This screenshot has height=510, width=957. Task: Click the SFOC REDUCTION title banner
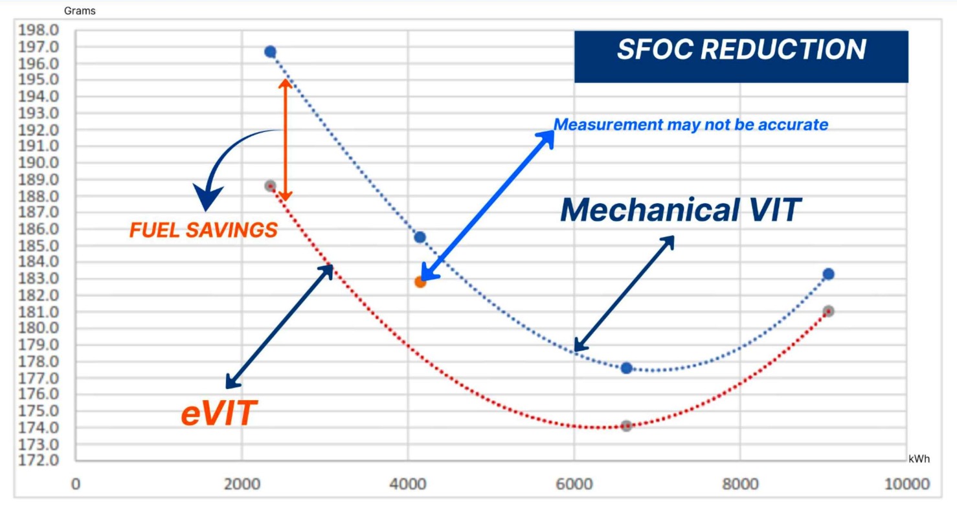(741, 50)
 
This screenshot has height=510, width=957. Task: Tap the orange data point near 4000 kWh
(420, 282)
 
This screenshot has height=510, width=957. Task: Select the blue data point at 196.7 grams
(270, 52)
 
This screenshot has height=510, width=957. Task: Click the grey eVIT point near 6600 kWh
(626, 426)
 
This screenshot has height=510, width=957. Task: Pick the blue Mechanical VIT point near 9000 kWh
(828, 274)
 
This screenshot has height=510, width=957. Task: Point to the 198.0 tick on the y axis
(39, 30)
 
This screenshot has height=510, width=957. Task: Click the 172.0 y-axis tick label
(39, 461)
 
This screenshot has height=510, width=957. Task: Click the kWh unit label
(919, 459)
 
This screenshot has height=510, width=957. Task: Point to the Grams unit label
(80, 11)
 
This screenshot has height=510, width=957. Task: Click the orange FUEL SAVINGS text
(203, 230)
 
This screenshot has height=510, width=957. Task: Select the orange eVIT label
(219, 413)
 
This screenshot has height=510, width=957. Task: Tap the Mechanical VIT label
(681, 210)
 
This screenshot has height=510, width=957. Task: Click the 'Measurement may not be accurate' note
(691, 124)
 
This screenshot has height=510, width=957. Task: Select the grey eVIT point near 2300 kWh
(270, 186)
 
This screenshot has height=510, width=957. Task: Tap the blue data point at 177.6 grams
(626, 368)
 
